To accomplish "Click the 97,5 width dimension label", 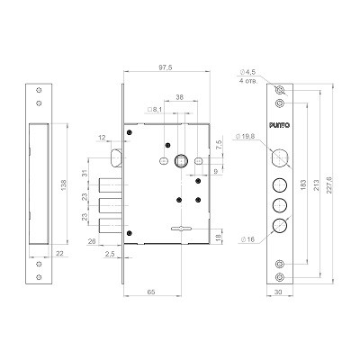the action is point(166,67).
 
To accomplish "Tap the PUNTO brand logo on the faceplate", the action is point(279,125).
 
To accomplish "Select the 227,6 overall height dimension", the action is point(329,185).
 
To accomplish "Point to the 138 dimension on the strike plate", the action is point(64,185).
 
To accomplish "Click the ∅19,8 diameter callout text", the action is point(246,136).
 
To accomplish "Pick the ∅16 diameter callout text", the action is point(247,239).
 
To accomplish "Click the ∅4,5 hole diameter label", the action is point(247,72).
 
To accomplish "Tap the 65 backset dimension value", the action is point(151,292).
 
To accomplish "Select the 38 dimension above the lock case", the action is point(179,97).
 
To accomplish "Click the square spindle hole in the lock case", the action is point(181,161).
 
